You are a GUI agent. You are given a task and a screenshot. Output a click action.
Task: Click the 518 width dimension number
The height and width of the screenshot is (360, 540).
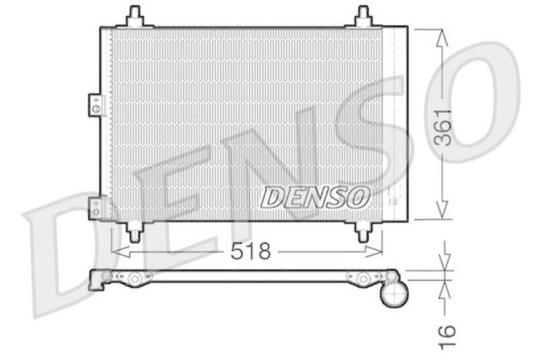coord(250,252)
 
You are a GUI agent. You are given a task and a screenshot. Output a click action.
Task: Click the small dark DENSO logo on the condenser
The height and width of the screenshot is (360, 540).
coord(315,197)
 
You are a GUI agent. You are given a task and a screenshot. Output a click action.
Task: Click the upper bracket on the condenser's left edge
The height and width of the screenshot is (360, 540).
coord(96,105)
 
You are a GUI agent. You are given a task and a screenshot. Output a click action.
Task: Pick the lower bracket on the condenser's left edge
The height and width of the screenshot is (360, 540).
coord(96,207)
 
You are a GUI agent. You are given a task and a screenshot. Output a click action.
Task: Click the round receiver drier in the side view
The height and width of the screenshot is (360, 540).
coord(394,294)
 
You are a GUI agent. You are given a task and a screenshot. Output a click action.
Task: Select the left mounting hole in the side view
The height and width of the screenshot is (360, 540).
coord(135,278)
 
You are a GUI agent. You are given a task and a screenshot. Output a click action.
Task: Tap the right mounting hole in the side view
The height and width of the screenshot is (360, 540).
coord(363,278)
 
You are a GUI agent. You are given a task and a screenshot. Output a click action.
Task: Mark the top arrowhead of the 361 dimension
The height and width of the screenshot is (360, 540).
coord(442,37)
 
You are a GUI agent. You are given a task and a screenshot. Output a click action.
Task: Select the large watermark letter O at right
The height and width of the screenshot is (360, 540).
coord(473,101)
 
